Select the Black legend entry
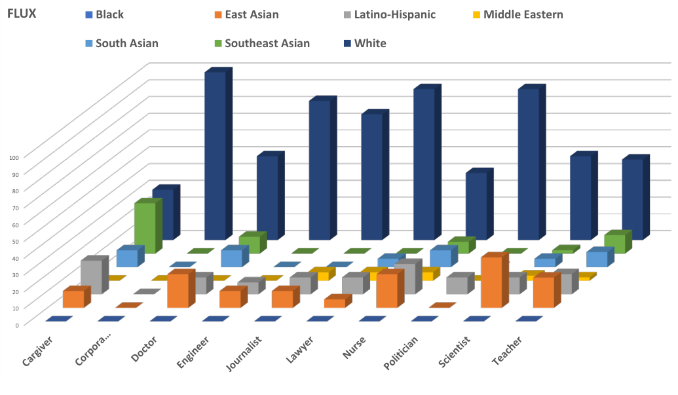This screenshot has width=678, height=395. [x=109, y=14]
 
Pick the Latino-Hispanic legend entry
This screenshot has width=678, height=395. [x=394, y=14]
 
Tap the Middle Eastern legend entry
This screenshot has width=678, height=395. [x=523, y=14]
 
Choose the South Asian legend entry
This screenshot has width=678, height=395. [x=126, y=43]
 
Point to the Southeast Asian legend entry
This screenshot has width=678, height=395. [x=267, y=43]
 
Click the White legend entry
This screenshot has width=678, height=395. [x=370, y=43]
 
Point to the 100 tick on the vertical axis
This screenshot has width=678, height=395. [x=15, y=157]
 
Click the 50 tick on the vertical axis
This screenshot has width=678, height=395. [x=15, y=240]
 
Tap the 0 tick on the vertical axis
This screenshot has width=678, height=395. [x=18, y=324]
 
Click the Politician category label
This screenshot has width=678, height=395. [x=400, y=354]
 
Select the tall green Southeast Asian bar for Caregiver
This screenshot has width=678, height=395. [x=145, y=227]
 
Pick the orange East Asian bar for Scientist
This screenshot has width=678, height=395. [x=492, y=282]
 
